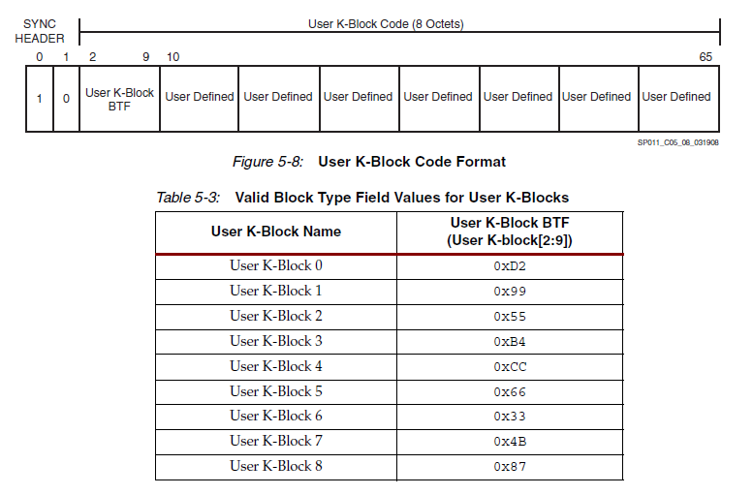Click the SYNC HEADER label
(40, 31)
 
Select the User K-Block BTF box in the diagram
(119, 99)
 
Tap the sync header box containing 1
(39, 99)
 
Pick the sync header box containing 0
(66, 99)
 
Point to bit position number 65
(706, 57)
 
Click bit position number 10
(173, 57)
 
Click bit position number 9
(146, 57)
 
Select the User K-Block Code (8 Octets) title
(386, 24)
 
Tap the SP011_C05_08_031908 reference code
(677, 141)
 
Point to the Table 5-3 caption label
(188, 198)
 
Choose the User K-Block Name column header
(276, 232)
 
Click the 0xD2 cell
(510, 266)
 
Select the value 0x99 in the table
(510, 292)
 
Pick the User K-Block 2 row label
(276, 316)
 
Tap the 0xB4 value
(510, 341)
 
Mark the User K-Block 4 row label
(276, 366)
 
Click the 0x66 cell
(510, 391)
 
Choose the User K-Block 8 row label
(276, 466)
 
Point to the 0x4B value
(510, 442)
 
